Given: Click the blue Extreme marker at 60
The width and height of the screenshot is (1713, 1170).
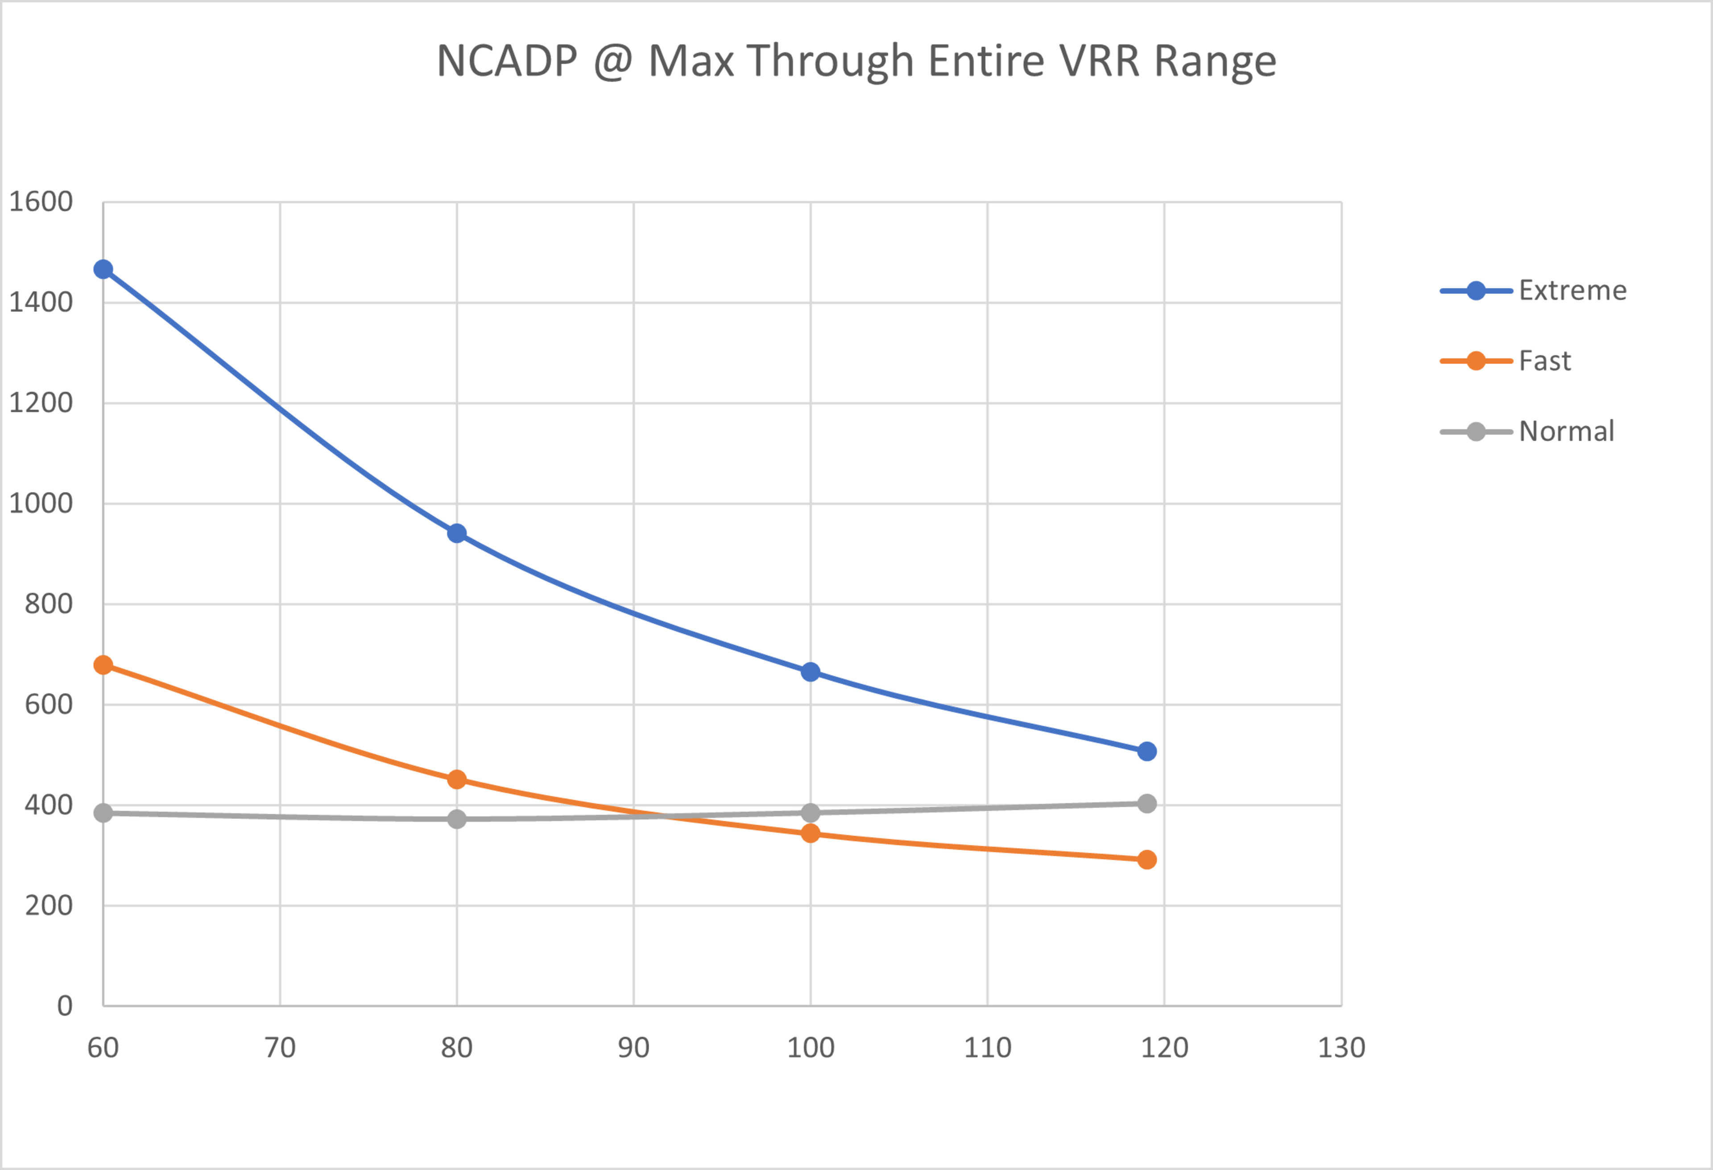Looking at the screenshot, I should click(103, 270).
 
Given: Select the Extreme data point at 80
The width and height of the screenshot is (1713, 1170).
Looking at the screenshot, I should click(457, 533).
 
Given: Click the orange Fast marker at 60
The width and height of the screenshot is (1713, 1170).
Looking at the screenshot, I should click(103, 665).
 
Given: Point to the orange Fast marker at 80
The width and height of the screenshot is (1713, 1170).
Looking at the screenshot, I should click(457, 779).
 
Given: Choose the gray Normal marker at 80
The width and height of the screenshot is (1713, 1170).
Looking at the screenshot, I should click(457, 819).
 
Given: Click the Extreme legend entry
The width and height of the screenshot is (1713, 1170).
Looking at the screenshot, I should click(1572, 290).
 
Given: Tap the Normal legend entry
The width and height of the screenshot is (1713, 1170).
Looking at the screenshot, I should click(1566, 431).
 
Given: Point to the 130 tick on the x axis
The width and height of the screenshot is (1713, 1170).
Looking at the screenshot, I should click(1341, 1048).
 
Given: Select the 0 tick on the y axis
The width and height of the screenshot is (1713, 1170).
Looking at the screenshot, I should click(65, 1005).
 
